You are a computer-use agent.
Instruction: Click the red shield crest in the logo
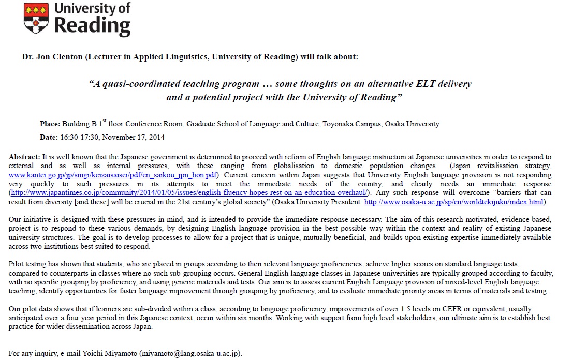click(37, 19)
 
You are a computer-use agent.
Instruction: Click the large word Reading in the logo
click(93, 26)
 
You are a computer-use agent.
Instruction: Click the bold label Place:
click(50, 124)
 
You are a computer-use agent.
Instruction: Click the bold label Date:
click(49, 137)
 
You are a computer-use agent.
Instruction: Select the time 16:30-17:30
click(79, 137)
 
